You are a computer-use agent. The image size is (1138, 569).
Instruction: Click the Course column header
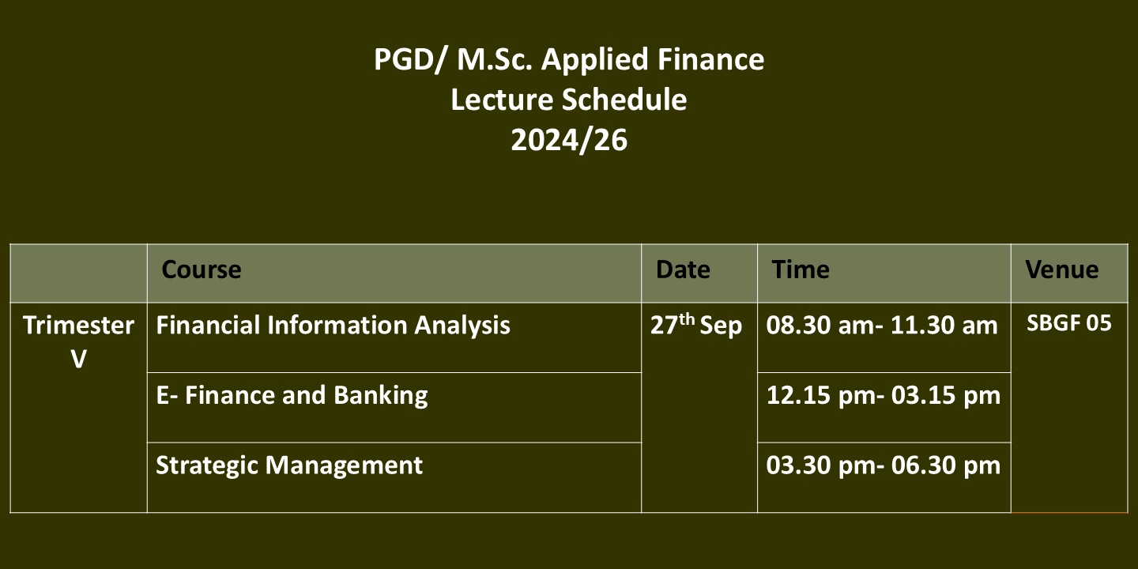click(x=202, y=269)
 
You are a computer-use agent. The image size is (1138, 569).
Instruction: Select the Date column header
click(x=683, y=269)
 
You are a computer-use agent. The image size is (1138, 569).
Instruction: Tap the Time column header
click(x=800, y=269)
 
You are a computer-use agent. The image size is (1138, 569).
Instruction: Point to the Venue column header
click(x=1062, y=269)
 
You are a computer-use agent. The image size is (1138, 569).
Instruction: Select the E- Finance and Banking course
click(x=292, y=395)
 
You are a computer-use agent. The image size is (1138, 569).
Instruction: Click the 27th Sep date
click(x=696, y=325)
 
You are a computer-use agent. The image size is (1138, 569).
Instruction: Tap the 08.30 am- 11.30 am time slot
click(x=882, y=325)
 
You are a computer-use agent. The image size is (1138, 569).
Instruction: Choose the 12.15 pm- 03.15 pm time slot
click(x=884, y=395)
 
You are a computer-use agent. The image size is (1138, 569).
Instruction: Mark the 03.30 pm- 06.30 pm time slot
click(x=884, y=465)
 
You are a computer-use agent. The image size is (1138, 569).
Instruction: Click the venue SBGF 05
click(x=1069, y=323)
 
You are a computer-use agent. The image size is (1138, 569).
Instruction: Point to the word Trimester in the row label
click(x=79, y=325)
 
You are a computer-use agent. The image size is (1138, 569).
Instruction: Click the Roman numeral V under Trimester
click(x=79, y=360)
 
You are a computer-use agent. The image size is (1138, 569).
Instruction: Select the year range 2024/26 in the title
click(x=569, y=140)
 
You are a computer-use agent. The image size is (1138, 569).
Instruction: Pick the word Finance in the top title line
click(x=710, y=59)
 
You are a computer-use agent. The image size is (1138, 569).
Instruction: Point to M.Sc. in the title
click(x=495, y=59)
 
